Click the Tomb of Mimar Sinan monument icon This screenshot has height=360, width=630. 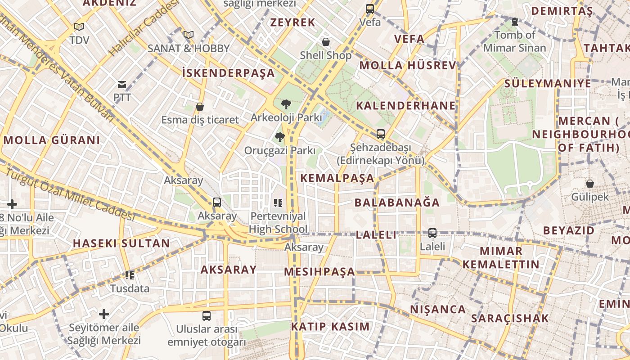point(514,21)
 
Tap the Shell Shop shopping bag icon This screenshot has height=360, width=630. point(326,42)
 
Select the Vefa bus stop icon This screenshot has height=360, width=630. point(370,9)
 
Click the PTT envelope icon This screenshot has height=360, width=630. point(122,84)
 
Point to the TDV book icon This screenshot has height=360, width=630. point(79,27)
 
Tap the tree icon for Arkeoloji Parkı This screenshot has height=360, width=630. point(286,104)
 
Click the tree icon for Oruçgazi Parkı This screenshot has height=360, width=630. point(280,137)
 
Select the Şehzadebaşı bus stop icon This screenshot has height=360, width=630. point(381,134)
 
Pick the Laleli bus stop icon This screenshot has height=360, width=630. point(432,233)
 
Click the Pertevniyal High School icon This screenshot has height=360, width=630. point(278,203)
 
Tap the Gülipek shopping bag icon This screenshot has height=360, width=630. point(589,184)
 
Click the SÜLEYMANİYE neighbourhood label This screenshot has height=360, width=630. point(548,83)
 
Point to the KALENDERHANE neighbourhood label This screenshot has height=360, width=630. point(406,106)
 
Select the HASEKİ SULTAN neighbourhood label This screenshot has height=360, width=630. point(121,243)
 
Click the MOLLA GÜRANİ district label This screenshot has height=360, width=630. point(52,140)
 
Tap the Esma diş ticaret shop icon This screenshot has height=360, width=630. point(200,107)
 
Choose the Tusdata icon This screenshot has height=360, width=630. point(130,275)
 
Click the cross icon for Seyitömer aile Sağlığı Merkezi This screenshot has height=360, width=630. point(104,314)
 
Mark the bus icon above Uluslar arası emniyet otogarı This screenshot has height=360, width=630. point(207,316)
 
